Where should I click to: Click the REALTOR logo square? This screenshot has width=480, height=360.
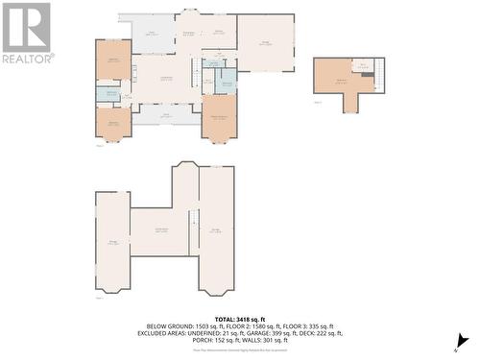click(x=26, y=26)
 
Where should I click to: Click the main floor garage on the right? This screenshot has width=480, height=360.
click(x=266, y=42)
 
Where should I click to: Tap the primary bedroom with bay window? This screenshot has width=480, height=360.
click(x=219, y=116)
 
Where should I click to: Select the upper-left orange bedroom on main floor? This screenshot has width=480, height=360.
click(x=113, y=60)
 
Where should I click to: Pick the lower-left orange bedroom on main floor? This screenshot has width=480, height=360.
click(x=113, y=122)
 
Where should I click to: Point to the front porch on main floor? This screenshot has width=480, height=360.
click(x=166, y=115)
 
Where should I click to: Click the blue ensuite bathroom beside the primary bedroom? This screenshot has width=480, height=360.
click(x=225, y=83)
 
